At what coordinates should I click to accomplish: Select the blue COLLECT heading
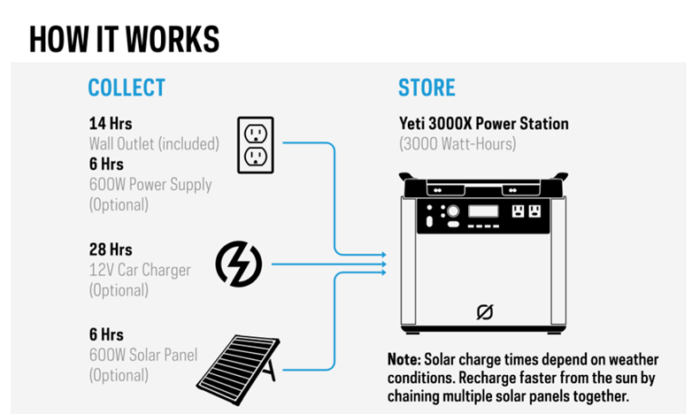(127, 88)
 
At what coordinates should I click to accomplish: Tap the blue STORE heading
(427, 88)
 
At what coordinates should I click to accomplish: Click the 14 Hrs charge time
(110, 123)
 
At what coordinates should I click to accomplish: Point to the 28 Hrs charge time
(111, 249)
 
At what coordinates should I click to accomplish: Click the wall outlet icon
(255, 144)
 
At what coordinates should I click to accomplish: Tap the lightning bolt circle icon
(239, 264)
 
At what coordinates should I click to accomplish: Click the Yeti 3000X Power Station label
(483, 123)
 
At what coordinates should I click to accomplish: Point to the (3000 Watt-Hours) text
(457, 142)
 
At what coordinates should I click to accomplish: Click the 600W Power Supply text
(150, 184)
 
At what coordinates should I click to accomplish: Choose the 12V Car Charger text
(139, 269)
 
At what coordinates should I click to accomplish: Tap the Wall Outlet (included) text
(153, 143)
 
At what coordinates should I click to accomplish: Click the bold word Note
(404, 360)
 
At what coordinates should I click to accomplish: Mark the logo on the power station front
(484, 311)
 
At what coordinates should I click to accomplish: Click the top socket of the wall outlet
(255, 133)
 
